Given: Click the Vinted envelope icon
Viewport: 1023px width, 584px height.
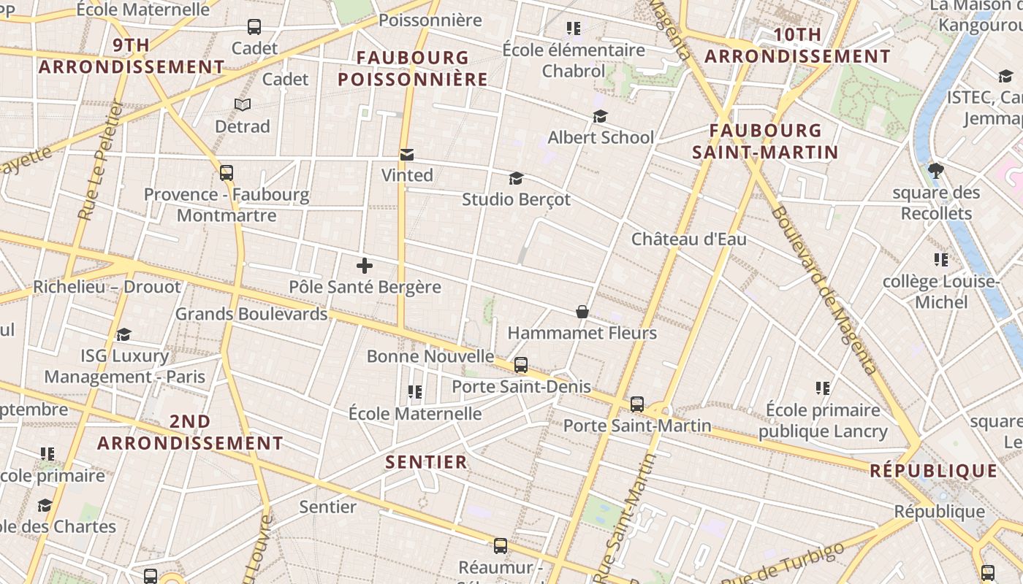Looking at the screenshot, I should pos(407,155).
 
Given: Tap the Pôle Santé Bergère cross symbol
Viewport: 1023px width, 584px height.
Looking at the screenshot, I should pos(365,266).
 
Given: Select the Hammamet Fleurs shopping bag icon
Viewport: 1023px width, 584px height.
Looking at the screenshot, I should pos(582,312).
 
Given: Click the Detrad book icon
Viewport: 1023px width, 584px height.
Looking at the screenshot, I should pos(243,105).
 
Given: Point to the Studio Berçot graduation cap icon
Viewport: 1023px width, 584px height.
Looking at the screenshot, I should pos(516,179).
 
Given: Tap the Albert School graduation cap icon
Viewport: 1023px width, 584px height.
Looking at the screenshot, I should pos(601,117).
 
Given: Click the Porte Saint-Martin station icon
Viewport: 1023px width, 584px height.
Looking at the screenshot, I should pos(637,404).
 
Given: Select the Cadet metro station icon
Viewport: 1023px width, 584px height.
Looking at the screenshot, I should pos(254,28).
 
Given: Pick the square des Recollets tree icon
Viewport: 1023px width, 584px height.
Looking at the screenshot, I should pos(936,172).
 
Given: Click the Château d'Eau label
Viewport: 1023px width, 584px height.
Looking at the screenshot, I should pos(688,239).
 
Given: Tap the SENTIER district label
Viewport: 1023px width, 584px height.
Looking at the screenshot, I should pos(426,462).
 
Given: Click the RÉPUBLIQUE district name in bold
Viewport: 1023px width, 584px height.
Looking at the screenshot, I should pos(934,471).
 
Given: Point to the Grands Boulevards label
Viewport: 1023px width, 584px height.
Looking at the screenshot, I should pos(251,315).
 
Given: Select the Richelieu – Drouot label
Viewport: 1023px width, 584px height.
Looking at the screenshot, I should pos(107,287).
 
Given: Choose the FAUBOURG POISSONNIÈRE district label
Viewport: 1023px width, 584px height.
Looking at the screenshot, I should pos(413,69).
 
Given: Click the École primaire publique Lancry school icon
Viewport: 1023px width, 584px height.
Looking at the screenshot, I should pos(823,388).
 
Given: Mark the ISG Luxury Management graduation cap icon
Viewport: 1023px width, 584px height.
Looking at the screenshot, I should pos(123,335).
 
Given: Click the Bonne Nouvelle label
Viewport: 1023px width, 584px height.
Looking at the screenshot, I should pos(430,356).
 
